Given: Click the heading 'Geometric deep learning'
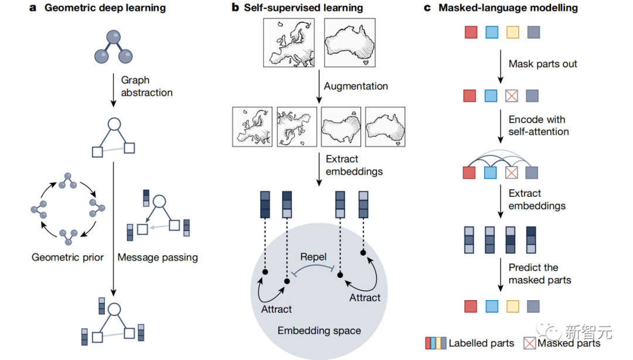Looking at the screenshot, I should click(105, 8).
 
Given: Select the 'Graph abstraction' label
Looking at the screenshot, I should click(147, 86).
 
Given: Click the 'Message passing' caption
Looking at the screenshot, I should click(158, 257).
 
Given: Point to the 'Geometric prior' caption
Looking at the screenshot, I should click(68, 257).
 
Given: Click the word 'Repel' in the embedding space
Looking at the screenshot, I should click(314, 256).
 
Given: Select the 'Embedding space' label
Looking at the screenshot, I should click(319, 331).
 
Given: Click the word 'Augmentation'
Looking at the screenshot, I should click(356, 86).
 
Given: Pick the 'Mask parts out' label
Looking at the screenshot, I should click(543, 64).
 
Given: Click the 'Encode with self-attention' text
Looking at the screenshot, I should click(539, 125).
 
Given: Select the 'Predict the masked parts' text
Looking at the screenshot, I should click(540, 274).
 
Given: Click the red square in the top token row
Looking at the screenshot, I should click(471, 32).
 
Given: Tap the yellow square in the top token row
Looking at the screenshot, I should click(512, 32).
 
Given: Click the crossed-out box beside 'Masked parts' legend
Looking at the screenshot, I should click(530, 343).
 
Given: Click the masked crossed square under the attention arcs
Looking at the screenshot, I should click(512, 172).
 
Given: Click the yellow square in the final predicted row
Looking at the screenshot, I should click(512, 305).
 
